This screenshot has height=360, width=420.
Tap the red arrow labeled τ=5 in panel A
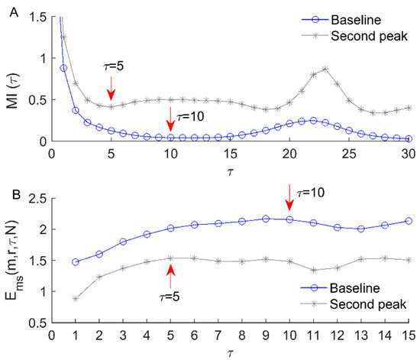(111, 87)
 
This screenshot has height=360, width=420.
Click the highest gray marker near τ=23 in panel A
(325, 69)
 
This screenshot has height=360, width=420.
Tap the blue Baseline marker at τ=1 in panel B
(75, 262)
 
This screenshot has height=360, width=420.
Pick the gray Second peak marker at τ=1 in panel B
(75, 299)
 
